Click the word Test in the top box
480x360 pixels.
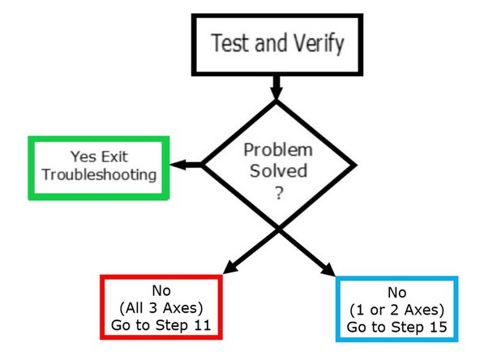pyautogui.click(x=229, y=43)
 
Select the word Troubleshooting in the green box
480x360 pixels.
pyautogui.click(x=98, y=174)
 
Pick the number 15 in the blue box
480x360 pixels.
pyautogui.click(x=434, y=327)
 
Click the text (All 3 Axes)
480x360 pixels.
pyautogui.click(x=160, y=308)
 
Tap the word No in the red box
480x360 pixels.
pyautogui.click(x=160, y=290)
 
